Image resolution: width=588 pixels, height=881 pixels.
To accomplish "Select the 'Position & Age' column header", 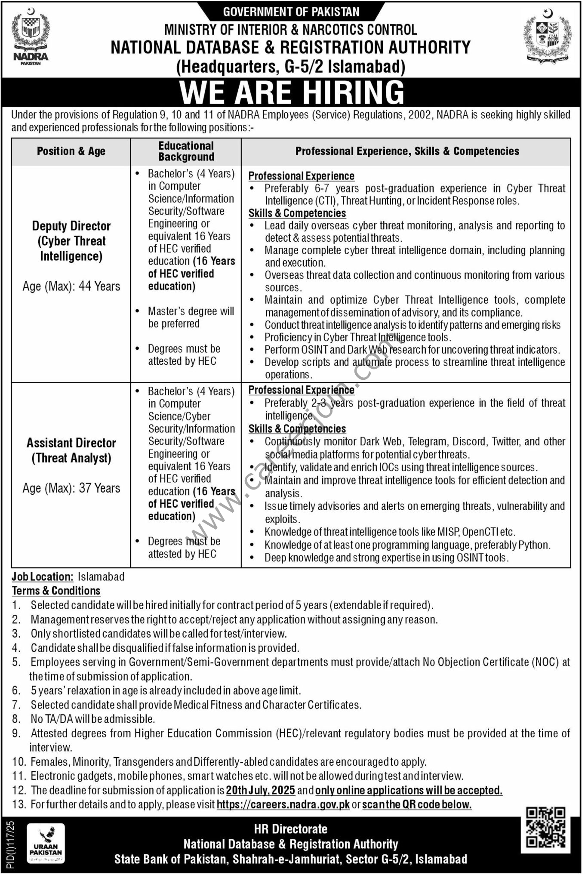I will click(71, 151).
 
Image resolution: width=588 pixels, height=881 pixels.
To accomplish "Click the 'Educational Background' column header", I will click(186, 151).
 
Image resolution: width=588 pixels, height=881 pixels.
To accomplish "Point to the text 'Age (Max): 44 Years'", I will click(71, 286).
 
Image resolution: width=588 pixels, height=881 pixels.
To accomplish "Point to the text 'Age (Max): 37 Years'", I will click(71, 488).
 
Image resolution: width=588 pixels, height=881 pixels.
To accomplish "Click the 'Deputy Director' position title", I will click(71, 226).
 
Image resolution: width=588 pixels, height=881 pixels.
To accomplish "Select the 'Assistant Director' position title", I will click(71, 443).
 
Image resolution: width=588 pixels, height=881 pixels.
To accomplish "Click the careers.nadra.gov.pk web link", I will click(283, 804).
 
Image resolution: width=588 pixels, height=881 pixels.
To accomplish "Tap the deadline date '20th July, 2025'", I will click(261, 790).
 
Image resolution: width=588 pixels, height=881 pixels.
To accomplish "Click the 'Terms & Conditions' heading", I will click(56, 591).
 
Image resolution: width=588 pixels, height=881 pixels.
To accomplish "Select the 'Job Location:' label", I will click(42, 577).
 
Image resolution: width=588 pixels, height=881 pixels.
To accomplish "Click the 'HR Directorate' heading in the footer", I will click(291, 829).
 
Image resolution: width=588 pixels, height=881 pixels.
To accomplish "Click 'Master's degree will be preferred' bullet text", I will click(191, 317).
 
